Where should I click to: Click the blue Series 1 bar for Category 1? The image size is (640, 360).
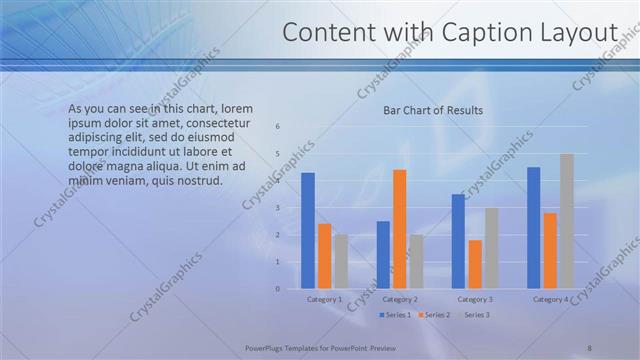click(x=308, y=231)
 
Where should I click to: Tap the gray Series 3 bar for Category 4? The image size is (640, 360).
click(x=567, y=221)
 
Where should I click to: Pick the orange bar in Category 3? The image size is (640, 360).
click(x=475, y=264)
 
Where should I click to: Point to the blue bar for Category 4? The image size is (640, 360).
click(x=533, y=228)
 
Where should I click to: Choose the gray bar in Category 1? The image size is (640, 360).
click(x=341, y=262)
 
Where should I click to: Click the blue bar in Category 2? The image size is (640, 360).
click(x=383, y=255)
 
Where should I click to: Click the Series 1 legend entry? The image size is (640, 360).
click(x=396, y=315)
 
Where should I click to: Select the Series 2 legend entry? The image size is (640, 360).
click(x=434, y=315)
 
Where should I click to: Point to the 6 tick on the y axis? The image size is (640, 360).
click(x=278, y=126)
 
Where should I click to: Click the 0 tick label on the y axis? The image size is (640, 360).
click(x=278, y=289)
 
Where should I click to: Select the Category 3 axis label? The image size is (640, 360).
click(x=475, y=299)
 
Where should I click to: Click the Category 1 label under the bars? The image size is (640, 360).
click(x=324, y=299)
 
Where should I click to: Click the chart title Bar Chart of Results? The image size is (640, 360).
click(x=433, y=110)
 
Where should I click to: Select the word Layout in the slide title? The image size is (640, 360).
click(x=580, y=33)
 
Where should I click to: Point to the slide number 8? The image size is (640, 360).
click(x=589, y=348)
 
